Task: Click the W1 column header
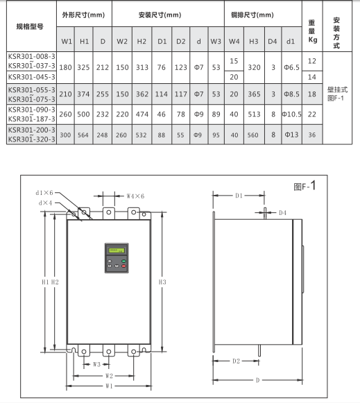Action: (x=67, y=41)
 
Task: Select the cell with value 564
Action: (x=83, y=135)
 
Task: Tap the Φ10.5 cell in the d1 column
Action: (x=291, y=114)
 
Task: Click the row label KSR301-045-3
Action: (x=32, y=77)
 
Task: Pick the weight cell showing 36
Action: (x=312, y=135)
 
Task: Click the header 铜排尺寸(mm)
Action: (x=252, y=15)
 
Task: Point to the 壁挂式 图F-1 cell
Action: (x=337, y=94)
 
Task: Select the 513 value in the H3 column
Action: (x=254, y=114)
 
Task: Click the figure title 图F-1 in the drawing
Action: (x=305, y=186)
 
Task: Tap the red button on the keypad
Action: (x=123, y=266)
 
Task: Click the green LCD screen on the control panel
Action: (x=117, y=250)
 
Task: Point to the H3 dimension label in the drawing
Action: (x=162, y=282)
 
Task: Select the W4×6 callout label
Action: (x=135, y=196)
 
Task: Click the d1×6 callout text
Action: (x=44, y=193)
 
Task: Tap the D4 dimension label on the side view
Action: (x=282, y=212)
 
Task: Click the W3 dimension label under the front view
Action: (x=96, y=364)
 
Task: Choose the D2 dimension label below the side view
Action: (x=236, y=361)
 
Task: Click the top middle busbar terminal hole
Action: (x=109, y=212)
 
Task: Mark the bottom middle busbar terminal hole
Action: (x=109, y=352)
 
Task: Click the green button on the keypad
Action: (x=123, y=261)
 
